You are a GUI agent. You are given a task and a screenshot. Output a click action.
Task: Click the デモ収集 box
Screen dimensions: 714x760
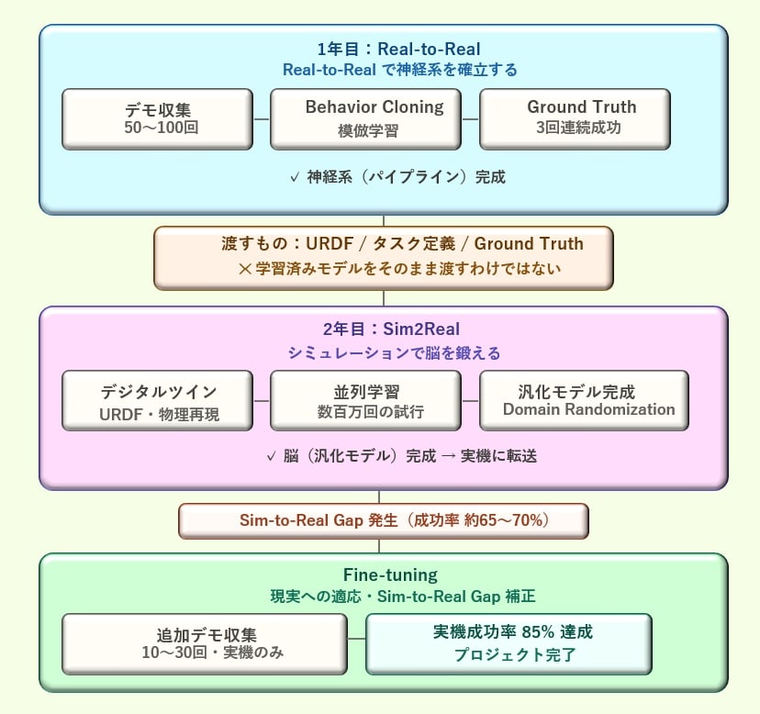157,118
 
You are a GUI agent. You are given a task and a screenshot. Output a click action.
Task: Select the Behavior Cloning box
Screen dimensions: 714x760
365,118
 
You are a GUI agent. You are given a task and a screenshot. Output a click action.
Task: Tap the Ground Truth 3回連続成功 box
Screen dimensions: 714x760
575,118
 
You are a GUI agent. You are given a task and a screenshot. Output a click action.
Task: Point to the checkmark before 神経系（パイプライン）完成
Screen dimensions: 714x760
295,177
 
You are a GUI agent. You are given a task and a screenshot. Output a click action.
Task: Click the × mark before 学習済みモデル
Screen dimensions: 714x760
244,269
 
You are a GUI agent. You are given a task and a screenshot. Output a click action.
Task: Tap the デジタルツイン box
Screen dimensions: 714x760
157,400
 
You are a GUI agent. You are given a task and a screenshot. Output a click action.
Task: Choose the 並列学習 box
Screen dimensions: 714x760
365,400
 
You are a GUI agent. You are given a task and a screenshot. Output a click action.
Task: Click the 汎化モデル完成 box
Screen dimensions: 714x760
584,400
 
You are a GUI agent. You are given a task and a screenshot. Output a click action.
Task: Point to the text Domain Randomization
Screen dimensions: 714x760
588,409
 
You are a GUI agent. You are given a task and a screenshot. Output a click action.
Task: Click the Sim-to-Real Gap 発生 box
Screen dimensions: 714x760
383,520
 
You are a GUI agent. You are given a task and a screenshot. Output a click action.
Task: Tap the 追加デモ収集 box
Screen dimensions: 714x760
205,643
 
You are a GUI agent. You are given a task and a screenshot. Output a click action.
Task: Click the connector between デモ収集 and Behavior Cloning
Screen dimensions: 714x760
262,119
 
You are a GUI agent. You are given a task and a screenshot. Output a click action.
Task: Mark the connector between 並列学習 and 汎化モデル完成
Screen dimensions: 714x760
470,401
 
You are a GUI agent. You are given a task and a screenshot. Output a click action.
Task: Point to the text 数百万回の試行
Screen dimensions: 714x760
365,412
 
